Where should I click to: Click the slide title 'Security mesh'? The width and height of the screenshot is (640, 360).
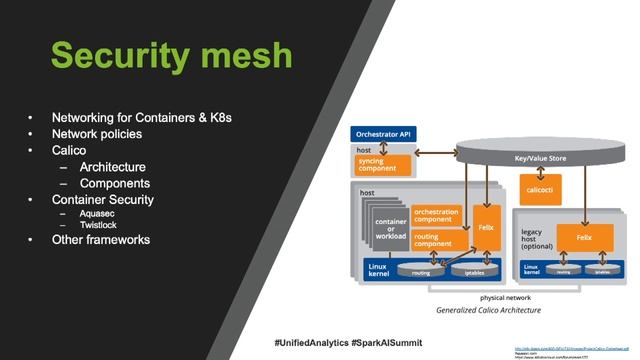tap(171, 54)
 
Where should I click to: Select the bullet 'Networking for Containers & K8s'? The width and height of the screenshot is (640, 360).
tap(142, 117)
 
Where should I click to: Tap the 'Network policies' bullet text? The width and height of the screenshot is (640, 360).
tap(97, 133)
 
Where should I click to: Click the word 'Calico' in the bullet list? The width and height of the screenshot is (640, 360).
tap(69, 150)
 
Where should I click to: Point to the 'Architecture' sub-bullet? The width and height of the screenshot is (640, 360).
tap(113, 167)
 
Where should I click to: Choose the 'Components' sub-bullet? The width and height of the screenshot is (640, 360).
tap(115, 183)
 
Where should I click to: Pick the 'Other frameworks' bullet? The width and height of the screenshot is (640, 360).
tap(101, 240)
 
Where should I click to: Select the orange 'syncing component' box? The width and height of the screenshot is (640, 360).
tap(383, 165)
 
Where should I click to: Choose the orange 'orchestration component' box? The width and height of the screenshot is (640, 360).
tap(438, 215)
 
